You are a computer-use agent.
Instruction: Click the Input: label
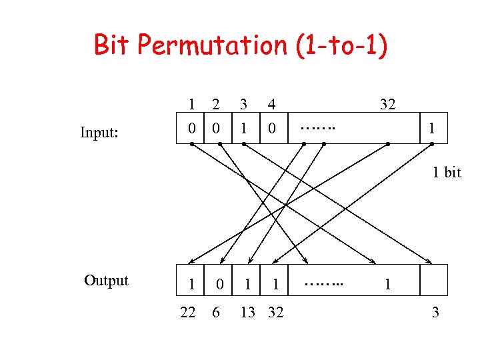[99, 133]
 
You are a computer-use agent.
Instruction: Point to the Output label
[106, 280]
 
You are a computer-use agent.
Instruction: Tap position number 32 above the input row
[387, 104]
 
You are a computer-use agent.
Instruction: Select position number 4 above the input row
[271, 104]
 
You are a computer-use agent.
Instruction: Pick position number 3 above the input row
[243, 104]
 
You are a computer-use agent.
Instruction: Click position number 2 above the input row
[215, 104]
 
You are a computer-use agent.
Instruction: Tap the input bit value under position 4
[271, 127]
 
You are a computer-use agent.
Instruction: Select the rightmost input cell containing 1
[432, 127]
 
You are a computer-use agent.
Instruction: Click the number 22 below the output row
[188, 312]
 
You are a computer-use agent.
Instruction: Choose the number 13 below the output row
[248, 312]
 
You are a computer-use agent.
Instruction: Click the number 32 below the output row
[275, 312]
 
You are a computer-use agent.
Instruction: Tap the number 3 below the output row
[435, 312]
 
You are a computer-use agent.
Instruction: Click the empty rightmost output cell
[434, 281]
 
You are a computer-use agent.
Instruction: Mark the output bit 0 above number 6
[219, 285]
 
